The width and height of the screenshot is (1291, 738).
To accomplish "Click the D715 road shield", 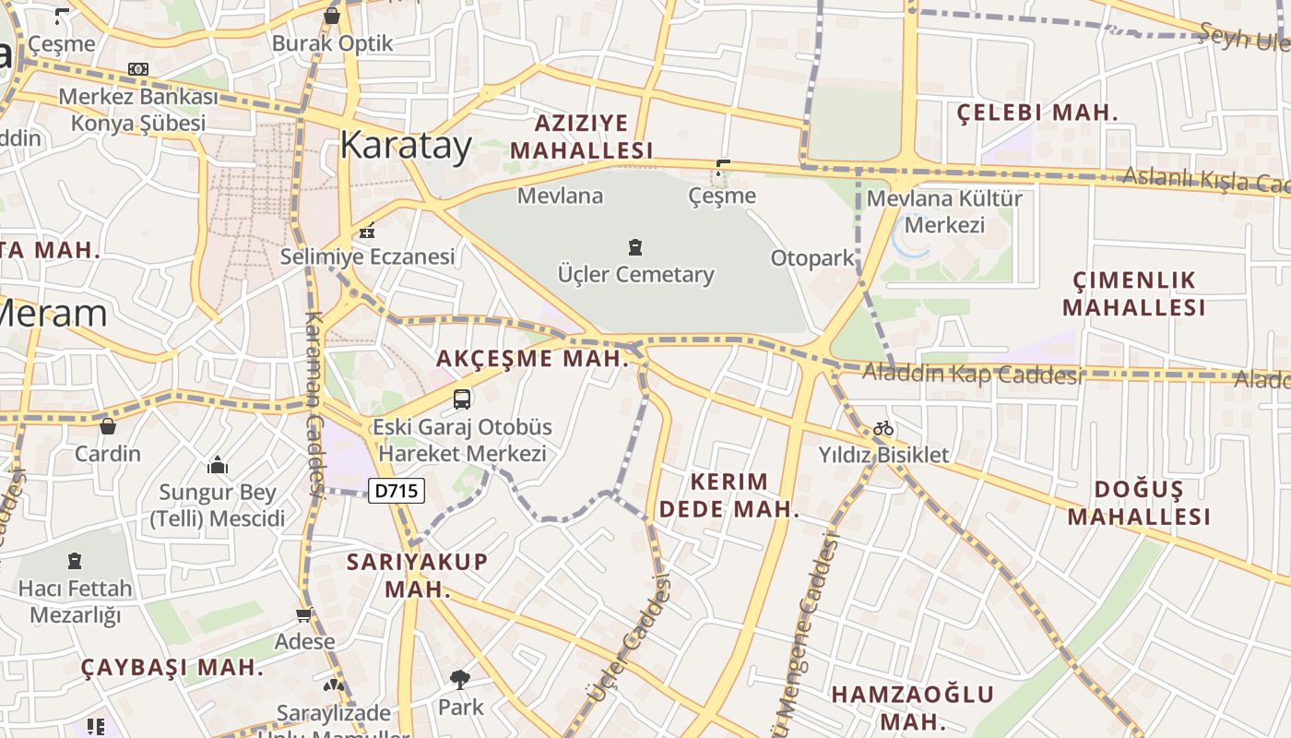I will [x=397, y=491].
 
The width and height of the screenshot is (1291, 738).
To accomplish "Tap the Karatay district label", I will [x=406, y=145].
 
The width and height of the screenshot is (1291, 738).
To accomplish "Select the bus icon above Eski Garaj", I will [x=462, y=399].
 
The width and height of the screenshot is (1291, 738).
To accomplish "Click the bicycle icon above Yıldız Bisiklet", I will [x=883, y=428].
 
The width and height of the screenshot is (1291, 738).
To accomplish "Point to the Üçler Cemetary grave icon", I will [x=635, y=246].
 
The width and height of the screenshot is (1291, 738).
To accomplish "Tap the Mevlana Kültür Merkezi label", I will [x=944, y=211].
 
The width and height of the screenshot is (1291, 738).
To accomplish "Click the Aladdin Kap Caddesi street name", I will [x=972, y=374].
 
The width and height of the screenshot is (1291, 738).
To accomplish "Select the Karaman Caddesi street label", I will [x=314, y=401].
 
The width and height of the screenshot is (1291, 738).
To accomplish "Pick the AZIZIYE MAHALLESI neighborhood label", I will [x=581, y=137].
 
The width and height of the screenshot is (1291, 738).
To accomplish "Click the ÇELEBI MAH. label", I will [x=1036, y=113].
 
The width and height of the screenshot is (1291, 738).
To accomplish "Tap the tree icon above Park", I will [x=459, y=681].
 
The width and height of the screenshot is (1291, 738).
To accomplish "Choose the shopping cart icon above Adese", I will [x=303, y=614].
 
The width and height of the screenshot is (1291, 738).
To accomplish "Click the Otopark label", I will [x=812, y=257].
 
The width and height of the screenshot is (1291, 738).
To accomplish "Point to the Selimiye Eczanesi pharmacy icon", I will [x=367, y=231].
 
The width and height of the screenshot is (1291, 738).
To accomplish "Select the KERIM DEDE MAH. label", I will [x=728, y=494].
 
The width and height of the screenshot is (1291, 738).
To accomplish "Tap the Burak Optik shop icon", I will [x=332, y=16].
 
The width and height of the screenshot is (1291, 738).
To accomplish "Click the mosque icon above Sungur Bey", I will [x=218, y=464].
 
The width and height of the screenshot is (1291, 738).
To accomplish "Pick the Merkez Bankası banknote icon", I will [x=138, y=69].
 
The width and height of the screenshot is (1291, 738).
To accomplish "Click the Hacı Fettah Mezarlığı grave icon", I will [x=75, y=560].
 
